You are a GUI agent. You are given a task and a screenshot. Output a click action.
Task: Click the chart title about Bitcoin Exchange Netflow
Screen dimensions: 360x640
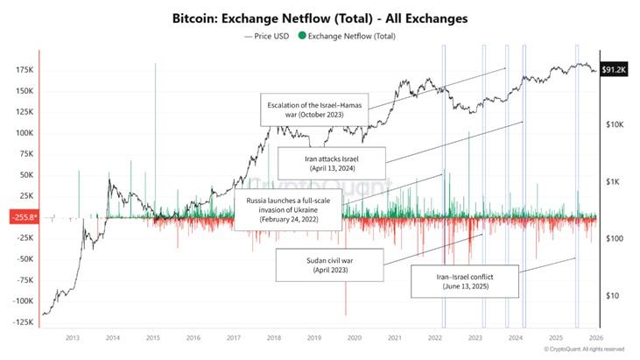click(320, 17)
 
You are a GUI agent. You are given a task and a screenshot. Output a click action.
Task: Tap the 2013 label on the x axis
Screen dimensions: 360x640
click(73, 337)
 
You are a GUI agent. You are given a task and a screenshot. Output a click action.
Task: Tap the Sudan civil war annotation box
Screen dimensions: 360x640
click(329, 265)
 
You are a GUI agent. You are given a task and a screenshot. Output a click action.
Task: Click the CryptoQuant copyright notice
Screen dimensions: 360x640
click(582, 349)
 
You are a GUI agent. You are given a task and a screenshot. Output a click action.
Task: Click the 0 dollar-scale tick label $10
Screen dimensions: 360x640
click(612, 295)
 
